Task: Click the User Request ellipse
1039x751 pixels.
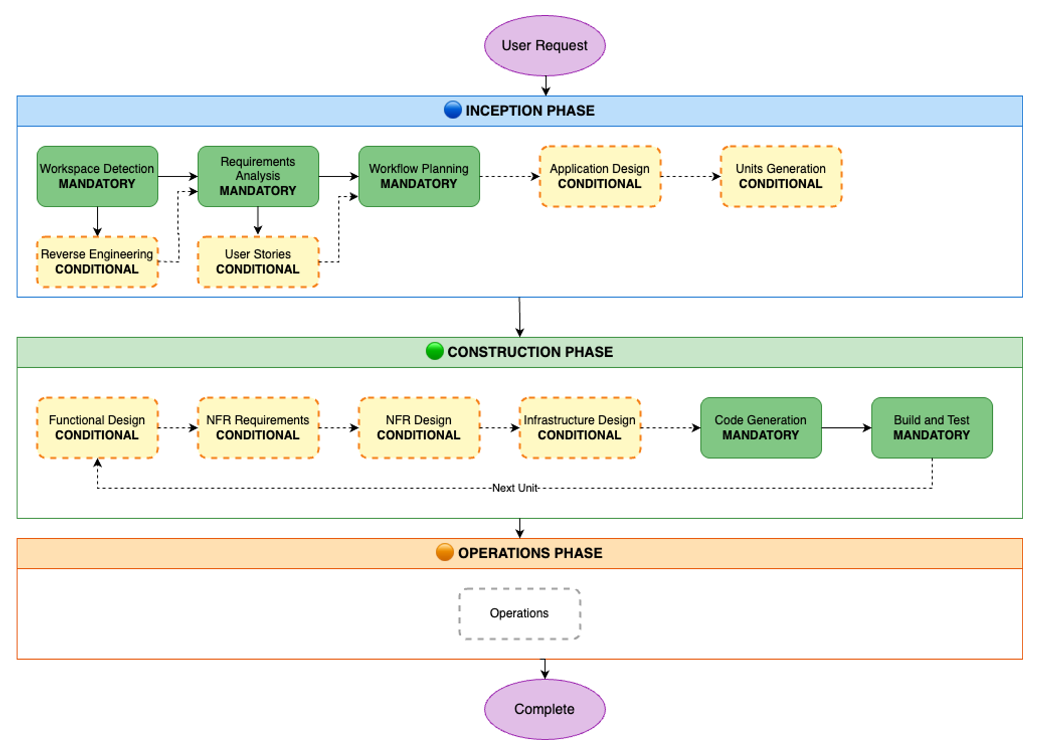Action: (544, 46)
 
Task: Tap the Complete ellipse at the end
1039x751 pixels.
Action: (544, 709)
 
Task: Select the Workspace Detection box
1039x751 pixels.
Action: (97, 176)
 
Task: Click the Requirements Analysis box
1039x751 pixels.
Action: (258, 176)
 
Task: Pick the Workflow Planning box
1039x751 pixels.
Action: (419, 176)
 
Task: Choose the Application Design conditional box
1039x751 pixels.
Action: (600, 176)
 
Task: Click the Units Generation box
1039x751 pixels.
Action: (781, 176)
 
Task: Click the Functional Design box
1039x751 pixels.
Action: (97, 427)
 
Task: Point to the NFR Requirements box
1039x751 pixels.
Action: (258, 427)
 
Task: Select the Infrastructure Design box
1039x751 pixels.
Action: (580, 427)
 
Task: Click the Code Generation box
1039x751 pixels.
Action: (761, 427)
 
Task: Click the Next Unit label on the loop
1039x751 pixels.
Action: (515, 488)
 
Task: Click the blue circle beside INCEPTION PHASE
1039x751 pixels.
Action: (453, 110)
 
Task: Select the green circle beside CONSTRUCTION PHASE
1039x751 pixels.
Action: (434, 351)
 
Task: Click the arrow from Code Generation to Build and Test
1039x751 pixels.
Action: (846, 428)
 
